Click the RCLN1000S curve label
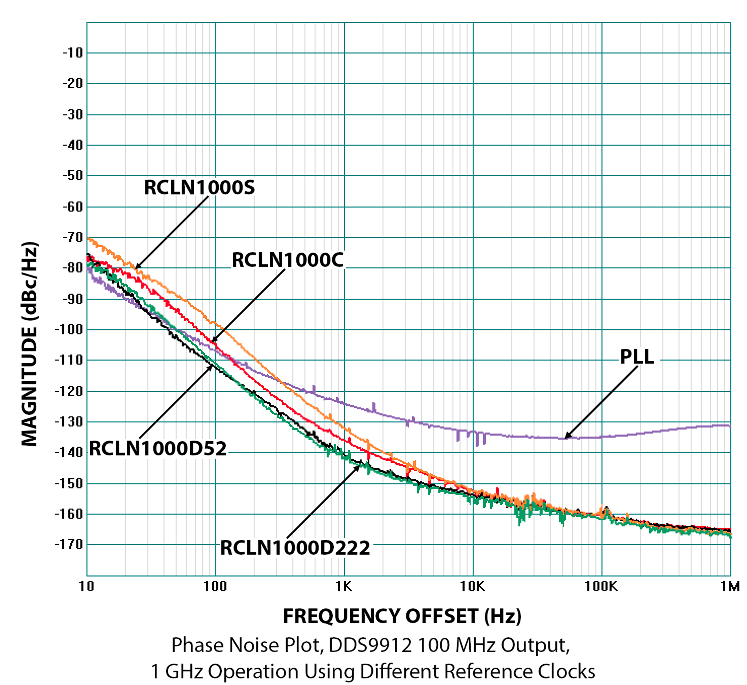pyautogui.click(x=199, y=188)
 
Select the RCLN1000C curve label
pyautogui.click(x=288, y=260)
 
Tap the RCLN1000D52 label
pyautogui.click(x=158, y=449)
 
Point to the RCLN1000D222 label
pyautogui.click(x=295, y=548)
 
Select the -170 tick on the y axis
pyautogui.click(x=69, y=544)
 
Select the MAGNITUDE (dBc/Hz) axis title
pyautogui.click(x=30, y=344)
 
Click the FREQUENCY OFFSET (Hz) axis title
pyautogui.click(x=402, y=617)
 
